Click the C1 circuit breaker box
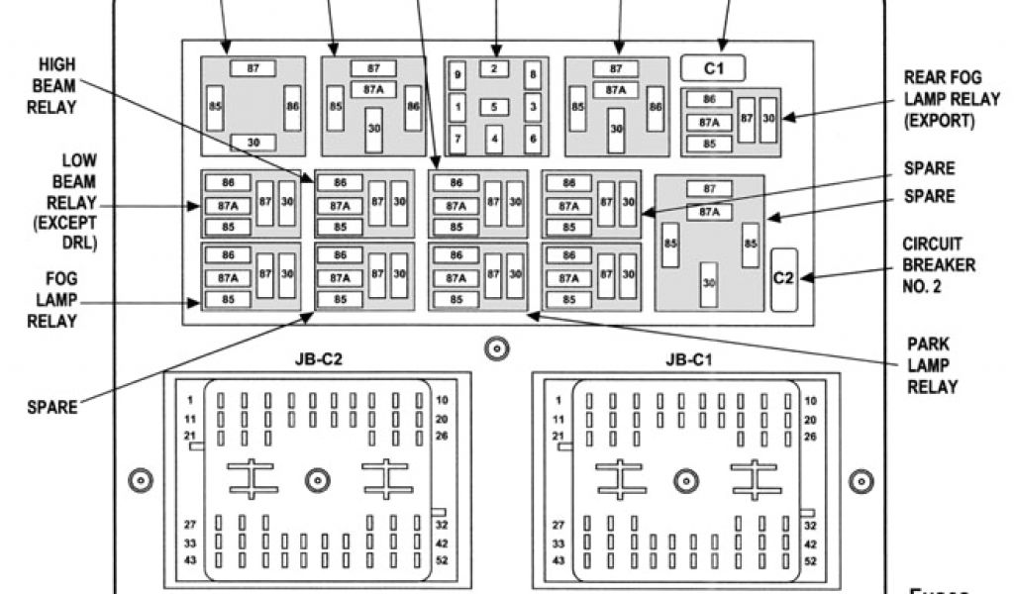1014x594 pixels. pyautogui.click(x=713, y=68)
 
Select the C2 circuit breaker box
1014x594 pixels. pyautogui.click(x=783, y=278)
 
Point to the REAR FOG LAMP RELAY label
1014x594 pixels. pyautogui.click(x=941, y=99)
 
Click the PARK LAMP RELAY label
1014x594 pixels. pyautogui.click(x=931, y=365)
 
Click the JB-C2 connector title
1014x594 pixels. pyautogui.click(x=319, y=358)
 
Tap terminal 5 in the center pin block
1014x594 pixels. pyautogui.click(x=494, y=106)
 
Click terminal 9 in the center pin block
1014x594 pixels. pyautogui.click(x=457, y=75)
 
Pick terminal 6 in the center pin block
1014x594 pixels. pyautogui.click(x=532, y=139)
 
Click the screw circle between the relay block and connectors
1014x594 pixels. pyautogui.click(x=497, y=348)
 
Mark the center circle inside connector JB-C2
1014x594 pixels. pyautogui.click(x=317, y=479)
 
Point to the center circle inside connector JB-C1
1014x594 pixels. pyautogui.click(x=685, y=480)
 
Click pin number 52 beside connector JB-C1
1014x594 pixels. pyautogui.click(x=810, y=561)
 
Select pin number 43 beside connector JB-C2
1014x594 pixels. pyautogui.click(x=189, y=561)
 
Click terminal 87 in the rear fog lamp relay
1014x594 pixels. pyautogui.click(x=747, y=118)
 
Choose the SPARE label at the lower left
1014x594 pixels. pyautogui.click(x=52, y=407)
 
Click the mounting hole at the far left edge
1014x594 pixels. pyautogui.click(x=142, y=480)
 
